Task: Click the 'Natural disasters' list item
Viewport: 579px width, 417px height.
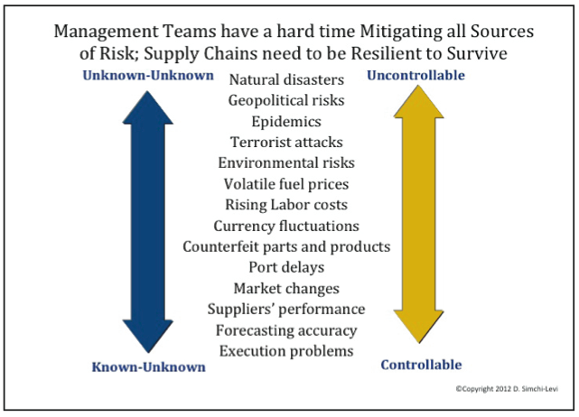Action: point(286,79)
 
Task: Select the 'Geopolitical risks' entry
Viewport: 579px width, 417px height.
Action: point(286,100)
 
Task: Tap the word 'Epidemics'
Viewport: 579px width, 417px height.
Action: point(286,122)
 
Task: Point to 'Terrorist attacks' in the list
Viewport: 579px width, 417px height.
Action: point(286,142)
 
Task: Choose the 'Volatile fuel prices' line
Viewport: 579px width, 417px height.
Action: point(286,184)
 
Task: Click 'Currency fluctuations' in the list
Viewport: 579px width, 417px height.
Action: point(286,226)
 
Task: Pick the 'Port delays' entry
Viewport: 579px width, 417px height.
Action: point(286,267)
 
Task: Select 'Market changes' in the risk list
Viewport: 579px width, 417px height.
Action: point(286,288)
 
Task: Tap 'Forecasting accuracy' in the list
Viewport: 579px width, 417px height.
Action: point(286,330)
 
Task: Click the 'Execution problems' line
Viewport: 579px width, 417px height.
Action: point(286,351)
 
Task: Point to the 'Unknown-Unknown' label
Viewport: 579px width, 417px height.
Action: point(148,75)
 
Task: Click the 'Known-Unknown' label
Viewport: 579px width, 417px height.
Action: point(148,366)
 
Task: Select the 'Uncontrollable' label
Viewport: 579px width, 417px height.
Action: point(416,75)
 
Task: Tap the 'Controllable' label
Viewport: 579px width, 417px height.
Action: point(421,365)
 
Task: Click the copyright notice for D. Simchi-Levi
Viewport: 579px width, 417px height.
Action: point(507,389)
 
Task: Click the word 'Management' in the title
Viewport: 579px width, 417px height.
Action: point(107,32)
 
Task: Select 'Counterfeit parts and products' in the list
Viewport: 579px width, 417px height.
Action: point(286,246)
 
